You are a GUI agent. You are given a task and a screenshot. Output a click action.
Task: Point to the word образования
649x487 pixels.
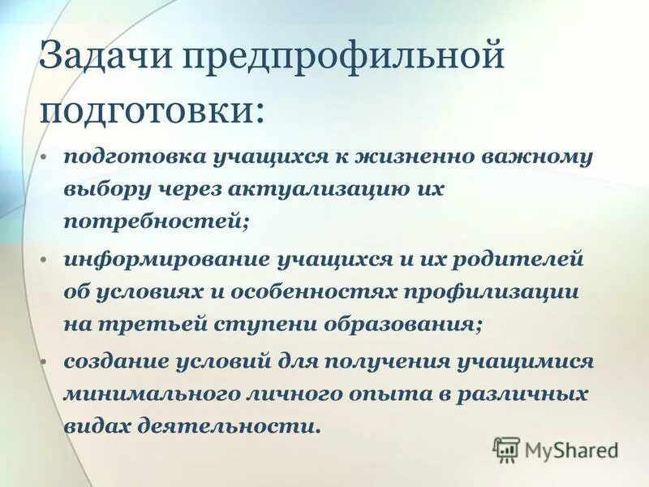coord(398,325)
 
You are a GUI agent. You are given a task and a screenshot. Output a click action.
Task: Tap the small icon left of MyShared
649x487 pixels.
coord(506,449)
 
